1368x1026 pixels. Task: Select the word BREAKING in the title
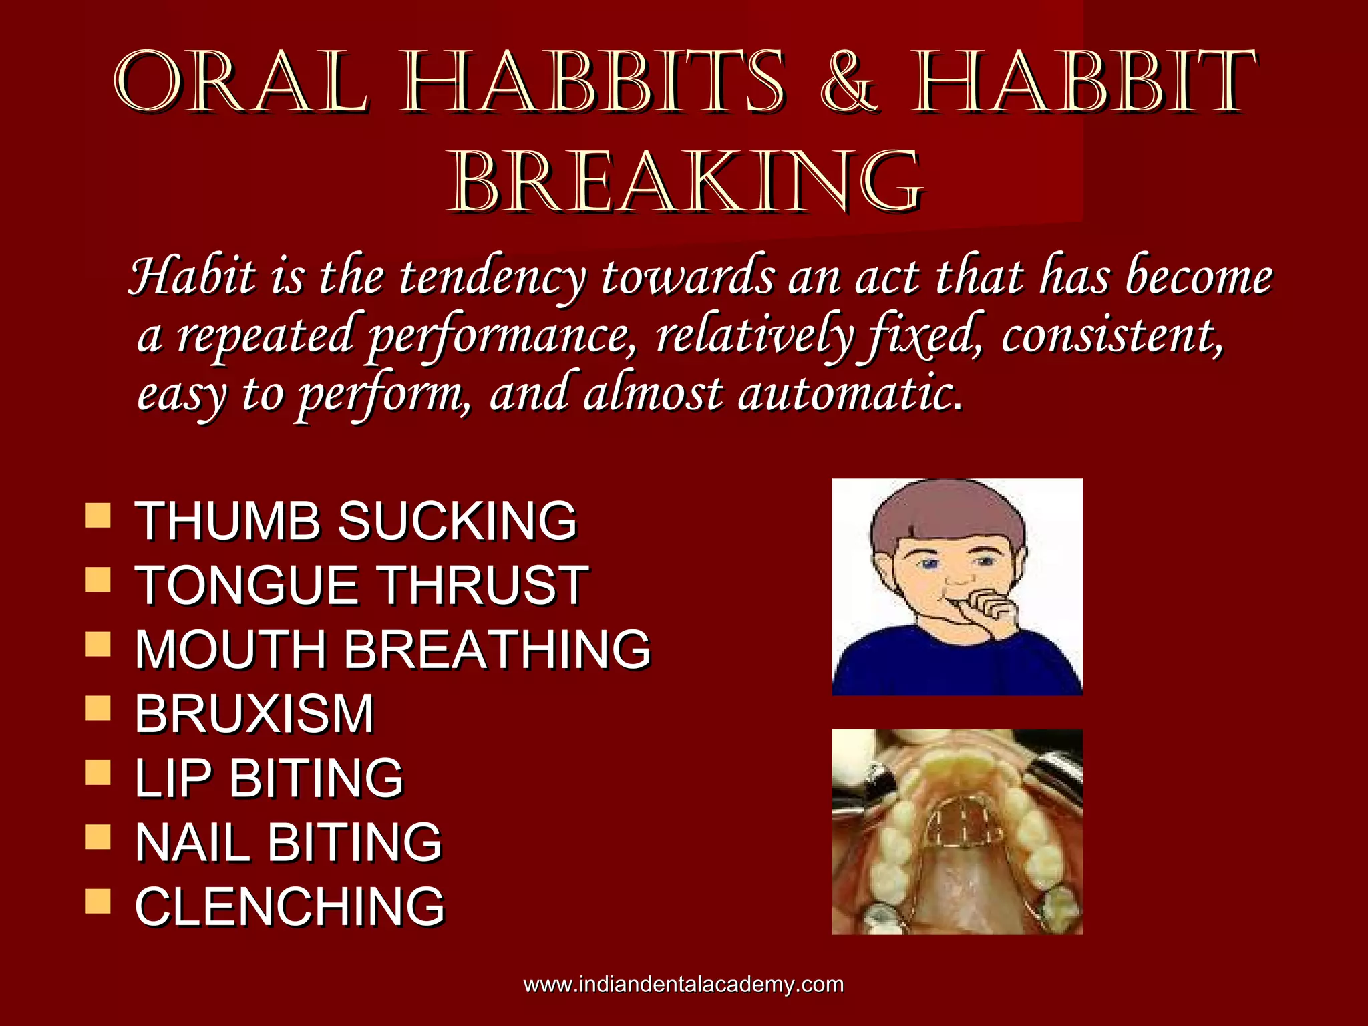click(688, 182)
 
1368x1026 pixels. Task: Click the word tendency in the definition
click(493, 277)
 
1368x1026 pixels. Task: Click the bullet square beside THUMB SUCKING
click(98, 516)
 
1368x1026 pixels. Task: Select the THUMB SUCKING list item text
click(355, 520)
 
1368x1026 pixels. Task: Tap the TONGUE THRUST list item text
click(361, 585)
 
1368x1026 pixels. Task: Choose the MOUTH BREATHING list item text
click(392, 649)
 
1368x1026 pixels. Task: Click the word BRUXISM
click(254, 714)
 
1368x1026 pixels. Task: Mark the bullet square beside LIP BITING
click(98, 774)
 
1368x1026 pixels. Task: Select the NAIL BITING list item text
click(288, 842)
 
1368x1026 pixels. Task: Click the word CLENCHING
click(289, 906)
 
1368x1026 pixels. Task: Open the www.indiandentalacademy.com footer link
click(683, 985)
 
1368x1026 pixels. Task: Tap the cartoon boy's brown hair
click(949, 511)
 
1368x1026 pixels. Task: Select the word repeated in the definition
click(265, 335)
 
